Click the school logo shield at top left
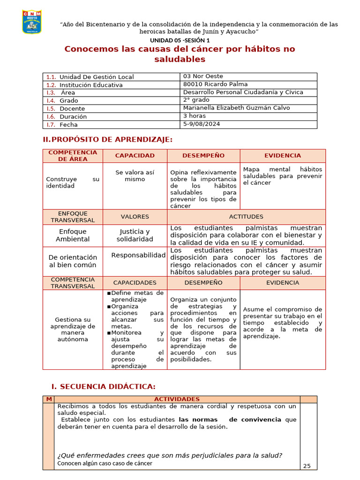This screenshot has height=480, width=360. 32,22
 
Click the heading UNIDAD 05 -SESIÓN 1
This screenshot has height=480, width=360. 180,40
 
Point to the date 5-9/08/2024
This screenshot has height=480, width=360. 201,124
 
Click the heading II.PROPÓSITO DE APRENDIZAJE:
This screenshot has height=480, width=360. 107,140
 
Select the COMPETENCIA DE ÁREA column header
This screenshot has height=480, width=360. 73,156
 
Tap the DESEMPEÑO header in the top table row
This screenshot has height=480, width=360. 203,156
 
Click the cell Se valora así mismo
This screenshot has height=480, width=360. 135,176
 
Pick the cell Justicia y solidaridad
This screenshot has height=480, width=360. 135,235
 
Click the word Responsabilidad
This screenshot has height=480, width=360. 138,255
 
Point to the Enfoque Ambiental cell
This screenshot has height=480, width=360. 73,235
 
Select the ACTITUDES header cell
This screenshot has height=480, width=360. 246,217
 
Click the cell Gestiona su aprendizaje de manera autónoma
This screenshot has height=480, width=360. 73,329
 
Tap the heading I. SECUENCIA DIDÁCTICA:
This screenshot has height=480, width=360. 103,386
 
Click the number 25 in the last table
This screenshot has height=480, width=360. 307,465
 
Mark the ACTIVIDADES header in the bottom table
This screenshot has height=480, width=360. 177,399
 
